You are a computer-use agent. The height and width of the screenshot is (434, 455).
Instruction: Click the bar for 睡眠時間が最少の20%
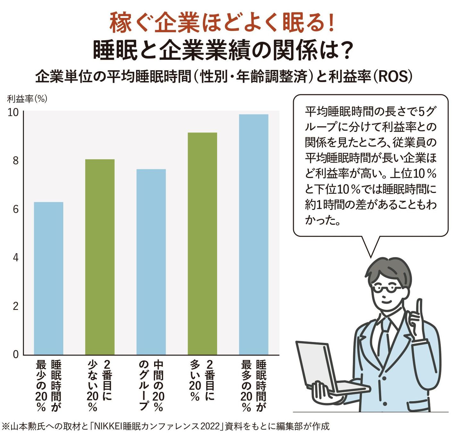coord(48,278)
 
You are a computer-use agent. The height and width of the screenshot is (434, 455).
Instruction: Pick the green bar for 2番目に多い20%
coord(202,243)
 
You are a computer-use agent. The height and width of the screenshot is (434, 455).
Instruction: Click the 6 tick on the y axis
coord(16,209)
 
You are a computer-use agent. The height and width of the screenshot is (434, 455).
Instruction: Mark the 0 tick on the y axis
coord(16,354)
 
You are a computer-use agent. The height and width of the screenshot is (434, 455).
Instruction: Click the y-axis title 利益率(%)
coord(27,99)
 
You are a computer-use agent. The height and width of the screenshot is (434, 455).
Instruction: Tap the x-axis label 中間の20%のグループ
coord(151,385)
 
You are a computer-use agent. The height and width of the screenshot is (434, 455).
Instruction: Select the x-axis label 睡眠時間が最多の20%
coord(254,385)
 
